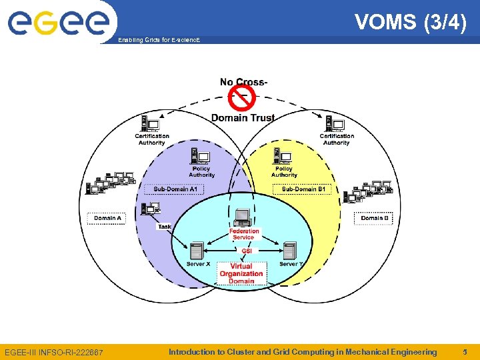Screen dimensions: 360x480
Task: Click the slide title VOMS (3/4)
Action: pyautogui.click(x=410, y=22)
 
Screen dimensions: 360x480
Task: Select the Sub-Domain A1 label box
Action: pyautogui.click(x=175, y=189)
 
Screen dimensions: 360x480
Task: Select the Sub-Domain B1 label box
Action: pyautogui.click(x=303, y=189)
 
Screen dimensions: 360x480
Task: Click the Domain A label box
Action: pyautogui.click(x=107, y=218)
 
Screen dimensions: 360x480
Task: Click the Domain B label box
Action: pyautogui.click(x=375, y=218)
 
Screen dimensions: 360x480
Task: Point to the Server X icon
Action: pyautogui.click(x=197, y=251)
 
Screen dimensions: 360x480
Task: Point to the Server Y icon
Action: pyautogui.click(x=289, y=251)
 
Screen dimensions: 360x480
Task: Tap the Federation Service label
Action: pyautogui.click(x=244, y=234)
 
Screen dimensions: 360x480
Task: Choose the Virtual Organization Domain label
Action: pyautogui.click(x=241, y=273)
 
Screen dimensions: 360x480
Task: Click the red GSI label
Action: pyautogui.click(x=246, y=251)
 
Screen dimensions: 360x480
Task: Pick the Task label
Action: pyautogui.click(x=164, y=227)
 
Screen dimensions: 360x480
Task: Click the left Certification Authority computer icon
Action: pyautogui.click(x=149, y=123)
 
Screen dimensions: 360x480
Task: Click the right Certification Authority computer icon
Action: pyautogui.click(x=335, y=123)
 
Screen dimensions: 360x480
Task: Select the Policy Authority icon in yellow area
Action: pyautogui.click(x=283, y=157)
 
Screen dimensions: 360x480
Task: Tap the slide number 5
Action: pyautogui.click(x=465, y=351)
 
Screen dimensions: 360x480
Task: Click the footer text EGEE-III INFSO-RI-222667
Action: pyautogui.click(x=53, y=352)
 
